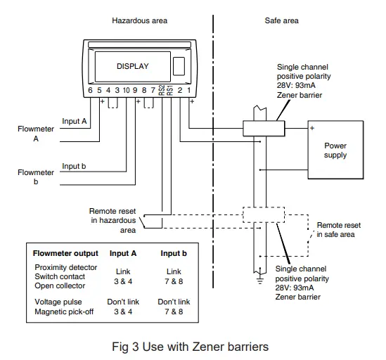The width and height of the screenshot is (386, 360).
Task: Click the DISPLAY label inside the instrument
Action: pyautogui.click(x=132, y=66)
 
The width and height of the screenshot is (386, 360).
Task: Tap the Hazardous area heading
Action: pyautogui.click(x=140, y=20)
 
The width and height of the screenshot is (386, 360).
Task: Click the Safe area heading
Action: pyautogui.click(x=281, y=20)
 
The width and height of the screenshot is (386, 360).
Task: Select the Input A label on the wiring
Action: pyautogui.click(x=75, y=121)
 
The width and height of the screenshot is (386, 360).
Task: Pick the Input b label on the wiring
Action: pyautogui.click(x=75, y=166)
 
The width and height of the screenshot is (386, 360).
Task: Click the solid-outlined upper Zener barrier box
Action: pyautogui.click(x=263, y=128)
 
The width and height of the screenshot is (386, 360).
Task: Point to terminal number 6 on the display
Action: pyautogui.click(x=91, y=90)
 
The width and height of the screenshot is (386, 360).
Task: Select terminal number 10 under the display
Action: pyautogui.click(x=125, y=90)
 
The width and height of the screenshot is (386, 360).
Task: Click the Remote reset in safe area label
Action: pyautogui.click(x=338, y=230)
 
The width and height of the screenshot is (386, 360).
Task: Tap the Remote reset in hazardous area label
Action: pyautogui.click(x=112, y=220)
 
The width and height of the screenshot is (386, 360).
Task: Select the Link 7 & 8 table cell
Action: pyautogui.click(x=174, y=276)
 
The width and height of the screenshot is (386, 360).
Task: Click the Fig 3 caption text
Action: pyautogui.click(x=191, y=345)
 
